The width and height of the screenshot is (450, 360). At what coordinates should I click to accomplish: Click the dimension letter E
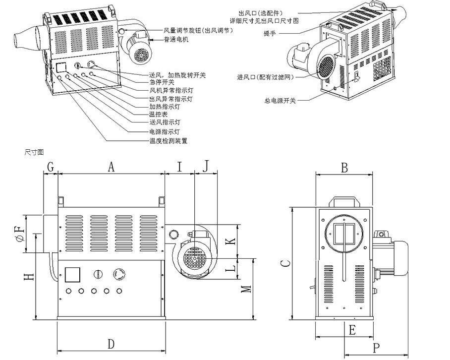(352, 329)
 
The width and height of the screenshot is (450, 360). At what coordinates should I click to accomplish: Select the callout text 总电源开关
(280, 101)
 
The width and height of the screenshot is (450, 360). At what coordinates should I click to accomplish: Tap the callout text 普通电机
(176, 39)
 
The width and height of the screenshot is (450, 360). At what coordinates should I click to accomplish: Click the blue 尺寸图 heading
(34, 152)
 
